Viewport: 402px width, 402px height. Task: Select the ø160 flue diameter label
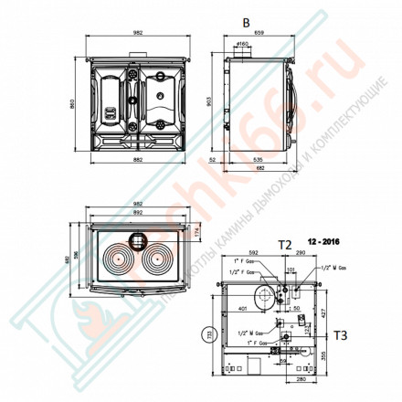(244, 44)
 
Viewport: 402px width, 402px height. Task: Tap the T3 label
(341, 336)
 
